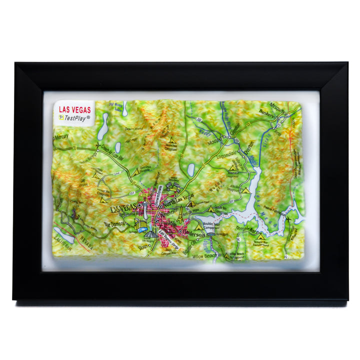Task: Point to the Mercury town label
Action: coord(61,136)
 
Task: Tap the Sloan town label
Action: coord(145,246)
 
